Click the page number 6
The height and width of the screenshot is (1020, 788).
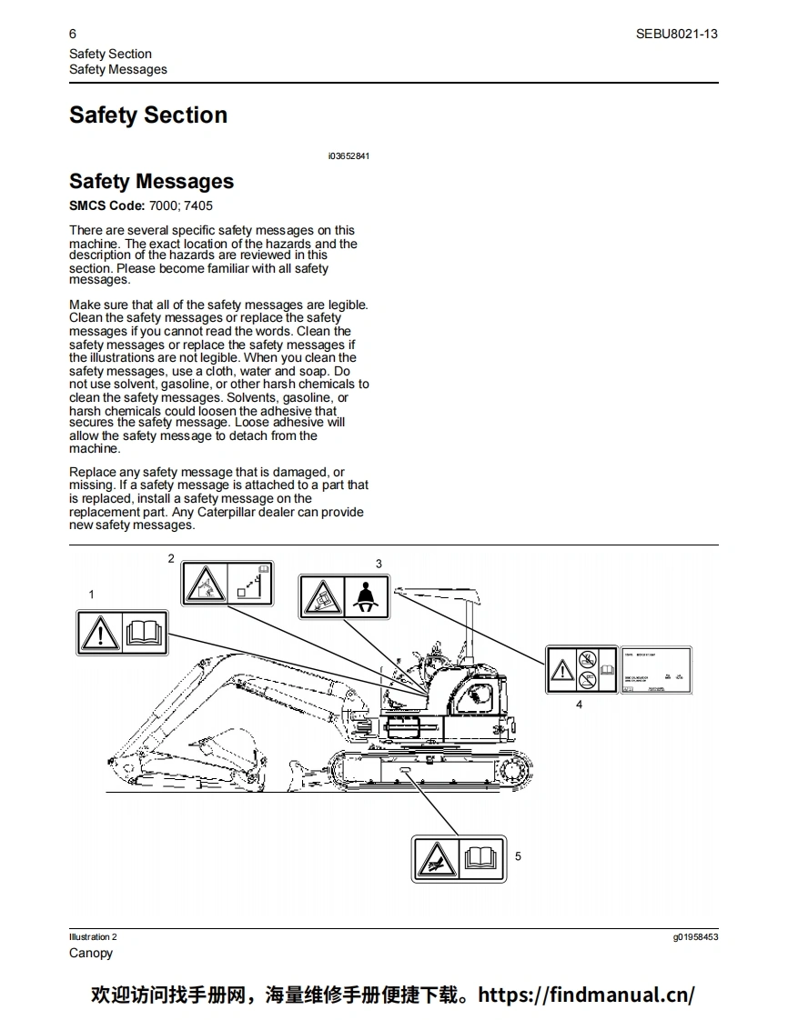pyautogui.click(x=73, y=34)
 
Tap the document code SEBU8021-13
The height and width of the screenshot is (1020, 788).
pyautogui.click(x=677, y=34)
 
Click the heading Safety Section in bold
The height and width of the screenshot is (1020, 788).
pyautogui.click(x=148, y=115)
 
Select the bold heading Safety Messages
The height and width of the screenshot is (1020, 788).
pyautogui.click(x=151, y=182)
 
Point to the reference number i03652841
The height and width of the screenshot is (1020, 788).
pyautogui.click(x=349, y=156)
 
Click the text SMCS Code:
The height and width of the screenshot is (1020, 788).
pyautogui.click(x=106, y=205)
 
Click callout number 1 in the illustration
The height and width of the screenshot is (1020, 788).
pyautogui.click(x=91, y=594)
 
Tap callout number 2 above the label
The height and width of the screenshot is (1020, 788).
pyautogui.click(x=170, y=557)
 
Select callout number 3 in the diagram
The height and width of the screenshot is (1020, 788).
pyautogui.click(x=379, y=564)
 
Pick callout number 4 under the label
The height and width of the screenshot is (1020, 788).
pyautogui.click(x=580, y=704)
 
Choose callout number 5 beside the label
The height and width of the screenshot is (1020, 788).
pyautogui.click(x=518, y=856)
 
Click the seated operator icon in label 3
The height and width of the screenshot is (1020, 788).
pyautogui.click(x=367, y=597)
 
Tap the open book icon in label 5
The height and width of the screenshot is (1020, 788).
pyautogui.click(x=481, y=858)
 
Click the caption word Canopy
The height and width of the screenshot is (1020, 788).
pyautogui.click(x=91, y=953)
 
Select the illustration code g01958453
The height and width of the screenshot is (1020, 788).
pyautogui.click(x=695, y=936)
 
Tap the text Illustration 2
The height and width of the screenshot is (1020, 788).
pyautogui.click(x=93, y=936)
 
